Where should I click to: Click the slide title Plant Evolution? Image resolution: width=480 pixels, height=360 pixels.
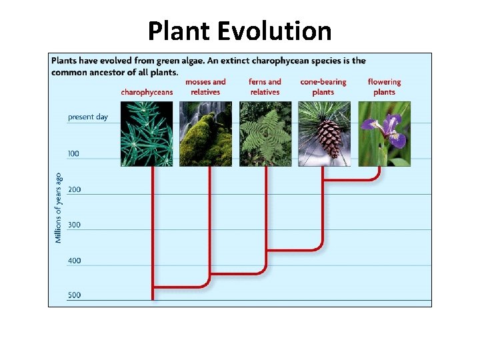[239, 31]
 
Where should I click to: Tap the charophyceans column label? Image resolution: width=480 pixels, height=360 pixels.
[147, 92]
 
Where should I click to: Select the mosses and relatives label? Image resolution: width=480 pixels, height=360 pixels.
[205, 87]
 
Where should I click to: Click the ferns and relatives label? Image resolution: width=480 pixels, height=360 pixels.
[265, 87]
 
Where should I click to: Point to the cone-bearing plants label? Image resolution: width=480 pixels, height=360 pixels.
[323, 87]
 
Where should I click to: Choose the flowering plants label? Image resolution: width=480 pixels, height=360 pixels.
[384, 87]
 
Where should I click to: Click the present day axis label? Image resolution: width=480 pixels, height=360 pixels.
[87, 117]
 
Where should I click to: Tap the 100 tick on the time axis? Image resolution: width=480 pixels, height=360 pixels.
[73, 154]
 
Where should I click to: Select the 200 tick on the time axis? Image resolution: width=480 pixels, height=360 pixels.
[74, 190]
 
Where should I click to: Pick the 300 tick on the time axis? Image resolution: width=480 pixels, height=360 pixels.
[74, 225]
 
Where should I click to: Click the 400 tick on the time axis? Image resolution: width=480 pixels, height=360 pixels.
[74, 261]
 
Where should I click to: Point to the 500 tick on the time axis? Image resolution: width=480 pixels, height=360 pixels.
[74, 295]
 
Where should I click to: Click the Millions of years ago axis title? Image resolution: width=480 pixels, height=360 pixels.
[59, 207]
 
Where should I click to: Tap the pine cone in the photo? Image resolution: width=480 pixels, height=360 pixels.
[327, 138]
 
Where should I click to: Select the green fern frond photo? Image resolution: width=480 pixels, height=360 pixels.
[265, 133]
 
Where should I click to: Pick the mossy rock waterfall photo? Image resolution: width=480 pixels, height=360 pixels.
[205, 133]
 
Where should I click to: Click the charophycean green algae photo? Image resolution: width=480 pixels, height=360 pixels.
[147, 133]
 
